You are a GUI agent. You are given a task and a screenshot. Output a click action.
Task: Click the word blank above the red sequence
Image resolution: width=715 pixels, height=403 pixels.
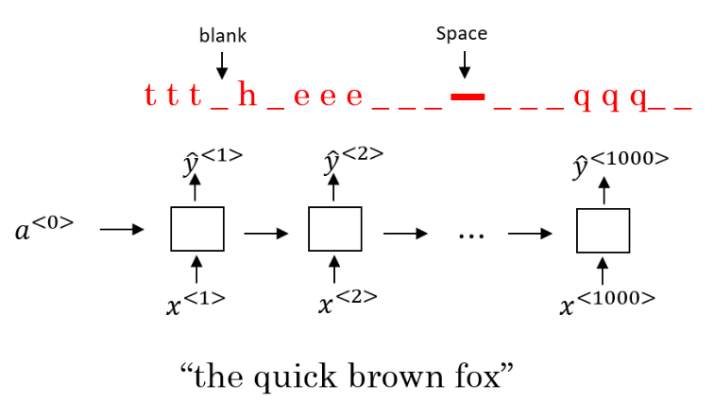[222, 36]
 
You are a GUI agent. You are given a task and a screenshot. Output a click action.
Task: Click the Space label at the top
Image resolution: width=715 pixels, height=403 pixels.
[462, 34]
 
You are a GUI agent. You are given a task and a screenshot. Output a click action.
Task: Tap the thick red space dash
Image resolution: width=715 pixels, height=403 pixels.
[468, 96]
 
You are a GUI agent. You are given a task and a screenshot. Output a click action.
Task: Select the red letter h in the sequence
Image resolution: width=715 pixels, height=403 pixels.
[247, 96]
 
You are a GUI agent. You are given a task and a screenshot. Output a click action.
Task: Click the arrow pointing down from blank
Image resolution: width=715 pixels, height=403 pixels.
[222, 63]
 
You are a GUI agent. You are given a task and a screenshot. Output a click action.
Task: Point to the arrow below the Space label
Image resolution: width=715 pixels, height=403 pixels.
[463, 63]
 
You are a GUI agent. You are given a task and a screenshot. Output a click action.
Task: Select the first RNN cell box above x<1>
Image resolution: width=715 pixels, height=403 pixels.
[196, 229]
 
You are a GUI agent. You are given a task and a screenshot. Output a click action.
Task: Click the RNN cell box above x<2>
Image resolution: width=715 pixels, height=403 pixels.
[335, 229]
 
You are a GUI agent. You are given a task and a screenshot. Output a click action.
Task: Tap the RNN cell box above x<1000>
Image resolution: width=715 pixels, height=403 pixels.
[603, 229]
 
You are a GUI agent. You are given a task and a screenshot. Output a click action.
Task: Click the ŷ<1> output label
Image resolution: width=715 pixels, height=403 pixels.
[213, 162]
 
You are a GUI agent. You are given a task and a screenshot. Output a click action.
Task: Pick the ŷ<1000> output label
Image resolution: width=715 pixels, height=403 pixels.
[620, 162]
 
